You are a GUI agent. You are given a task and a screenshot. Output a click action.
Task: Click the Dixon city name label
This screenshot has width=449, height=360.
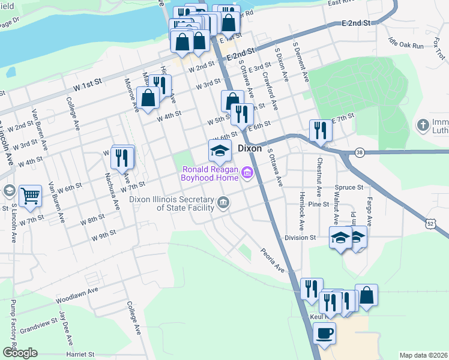(x=250, y=148)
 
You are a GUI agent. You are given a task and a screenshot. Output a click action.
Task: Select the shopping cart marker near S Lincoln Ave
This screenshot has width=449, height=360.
(x=30, y=196)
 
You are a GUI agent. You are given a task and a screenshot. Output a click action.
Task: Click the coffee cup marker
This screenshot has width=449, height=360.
(x=325, y=333)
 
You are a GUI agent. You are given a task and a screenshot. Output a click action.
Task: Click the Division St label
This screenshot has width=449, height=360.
(x=300, y=238)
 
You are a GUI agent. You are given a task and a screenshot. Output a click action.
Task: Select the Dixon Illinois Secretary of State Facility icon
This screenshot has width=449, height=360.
(x=223, y=203)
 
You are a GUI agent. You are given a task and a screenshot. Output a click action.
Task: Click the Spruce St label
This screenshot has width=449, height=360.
(x=352, y=187)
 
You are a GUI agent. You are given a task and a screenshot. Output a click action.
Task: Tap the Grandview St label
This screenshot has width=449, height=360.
(x=37, y=329)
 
